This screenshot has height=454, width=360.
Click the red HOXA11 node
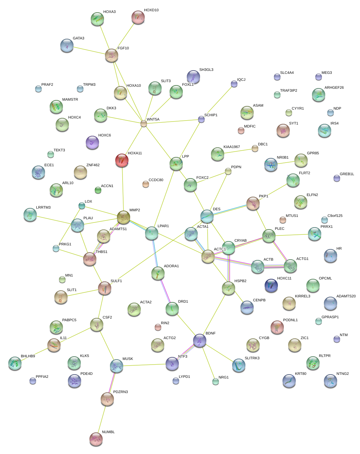[122, 160]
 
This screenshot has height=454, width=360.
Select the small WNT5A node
[143, 124]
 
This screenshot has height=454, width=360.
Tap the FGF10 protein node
[112, 55]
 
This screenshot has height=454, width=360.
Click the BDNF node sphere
[200, 340]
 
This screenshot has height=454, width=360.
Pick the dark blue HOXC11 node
[271, 285]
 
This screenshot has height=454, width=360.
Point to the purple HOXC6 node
[92, 142]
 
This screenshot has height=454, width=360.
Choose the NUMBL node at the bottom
[96, 439]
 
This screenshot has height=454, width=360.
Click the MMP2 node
[123, 217]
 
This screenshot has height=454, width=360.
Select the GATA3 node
[67, 45]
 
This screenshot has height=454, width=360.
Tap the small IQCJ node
[234, 84]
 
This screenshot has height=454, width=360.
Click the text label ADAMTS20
[346, 296]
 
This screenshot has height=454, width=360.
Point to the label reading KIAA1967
[231, 147]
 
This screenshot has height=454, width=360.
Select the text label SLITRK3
[252, 358]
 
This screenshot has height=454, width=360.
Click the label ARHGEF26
[334, 87]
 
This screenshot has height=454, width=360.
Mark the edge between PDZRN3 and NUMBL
[102, 419]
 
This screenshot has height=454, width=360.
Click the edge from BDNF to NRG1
[208, 361]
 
